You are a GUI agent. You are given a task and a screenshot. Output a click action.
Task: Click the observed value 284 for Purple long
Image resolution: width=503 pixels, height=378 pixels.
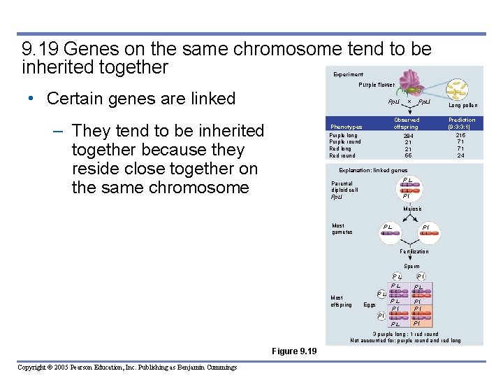click(x=408, y=136)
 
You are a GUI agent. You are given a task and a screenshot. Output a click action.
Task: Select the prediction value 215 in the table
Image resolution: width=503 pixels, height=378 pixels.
click(x=460, y=135)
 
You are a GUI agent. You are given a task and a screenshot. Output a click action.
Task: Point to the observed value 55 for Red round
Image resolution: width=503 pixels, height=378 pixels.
click(x=408, y=155)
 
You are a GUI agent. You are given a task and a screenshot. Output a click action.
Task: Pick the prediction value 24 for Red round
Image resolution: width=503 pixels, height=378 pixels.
click(x=460, y=155)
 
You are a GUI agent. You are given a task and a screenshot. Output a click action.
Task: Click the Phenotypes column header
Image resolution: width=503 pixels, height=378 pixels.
click(x=347, y=127)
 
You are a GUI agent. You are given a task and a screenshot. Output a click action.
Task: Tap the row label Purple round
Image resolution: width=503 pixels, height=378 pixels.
click(x=345, y=142)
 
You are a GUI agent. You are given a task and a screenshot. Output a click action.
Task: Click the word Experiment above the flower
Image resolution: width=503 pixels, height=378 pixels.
click(x=348, y=74)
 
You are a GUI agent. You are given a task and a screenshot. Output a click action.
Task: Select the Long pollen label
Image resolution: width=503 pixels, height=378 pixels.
click(x=462, y=106)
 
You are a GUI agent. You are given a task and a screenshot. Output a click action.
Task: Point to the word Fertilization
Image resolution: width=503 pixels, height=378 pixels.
click(x=414, y=251)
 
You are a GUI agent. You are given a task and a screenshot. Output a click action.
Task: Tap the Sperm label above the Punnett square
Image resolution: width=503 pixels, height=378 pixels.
click(x=411, y=266)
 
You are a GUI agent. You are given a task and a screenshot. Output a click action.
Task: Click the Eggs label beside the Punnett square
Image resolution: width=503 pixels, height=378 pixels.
click(x=370, y=304)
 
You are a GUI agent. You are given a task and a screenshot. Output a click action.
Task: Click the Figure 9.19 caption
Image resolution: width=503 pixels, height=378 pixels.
click(x=293, y=350)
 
